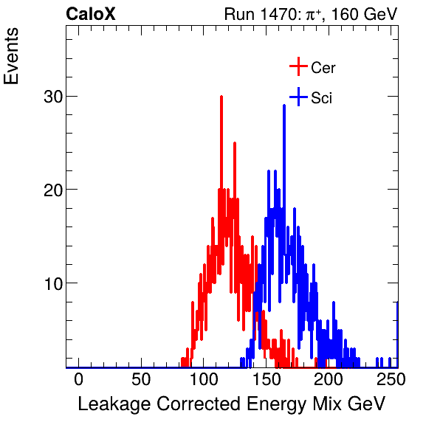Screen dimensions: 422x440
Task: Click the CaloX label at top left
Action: [x=91, y=14]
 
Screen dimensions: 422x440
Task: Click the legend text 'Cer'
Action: [x=323, y=68]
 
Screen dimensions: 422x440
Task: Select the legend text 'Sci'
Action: [x=321, y=97]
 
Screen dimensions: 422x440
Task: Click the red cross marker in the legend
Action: [x=298, y=67]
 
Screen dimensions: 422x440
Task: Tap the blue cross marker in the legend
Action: [x=298, y=97]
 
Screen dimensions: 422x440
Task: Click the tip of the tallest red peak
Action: [x=221, y=97]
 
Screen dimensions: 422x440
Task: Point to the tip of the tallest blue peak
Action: [x=283, y=106]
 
